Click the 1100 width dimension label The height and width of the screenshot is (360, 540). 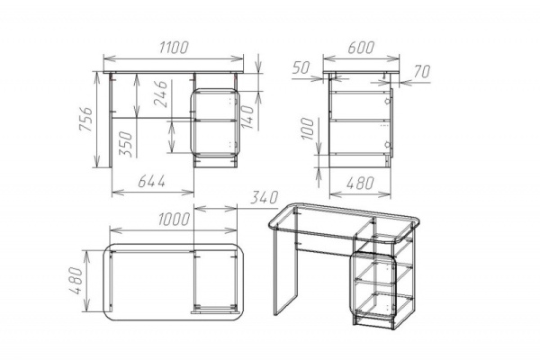coord(174,48)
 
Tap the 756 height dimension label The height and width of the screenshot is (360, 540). coord(86,119)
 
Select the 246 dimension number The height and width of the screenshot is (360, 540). coord(160,94)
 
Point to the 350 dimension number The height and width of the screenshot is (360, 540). coord(125,144)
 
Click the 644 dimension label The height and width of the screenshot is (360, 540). coord(152,181)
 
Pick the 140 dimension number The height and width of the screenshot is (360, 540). coord(247,117)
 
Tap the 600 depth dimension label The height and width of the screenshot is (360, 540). coord(361,48)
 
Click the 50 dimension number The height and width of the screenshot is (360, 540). coord(301,68)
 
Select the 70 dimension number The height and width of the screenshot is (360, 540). coord(422,72)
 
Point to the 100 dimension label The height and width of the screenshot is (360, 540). coord(308,129)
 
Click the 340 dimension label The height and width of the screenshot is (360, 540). coord(264,198)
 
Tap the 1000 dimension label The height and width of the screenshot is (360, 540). coord(174,220)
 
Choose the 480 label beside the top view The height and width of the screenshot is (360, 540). coord(76,281)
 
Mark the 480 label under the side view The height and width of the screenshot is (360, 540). coord(360,184)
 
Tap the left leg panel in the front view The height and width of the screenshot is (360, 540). coord(111,121)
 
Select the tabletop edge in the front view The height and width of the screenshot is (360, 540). coord(173,72)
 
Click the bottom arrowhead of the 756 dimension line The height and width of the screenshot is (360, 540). coord(97,162)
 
